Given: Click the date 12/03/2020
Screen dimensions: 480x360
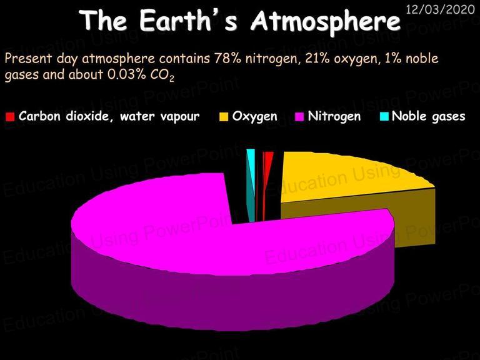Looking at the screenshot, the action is coord(440,9).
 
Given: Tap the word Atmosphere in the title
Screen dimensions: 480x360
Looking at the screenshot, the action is coord(326,22).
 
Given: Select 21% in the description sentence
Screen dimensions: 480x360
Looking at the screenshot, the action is coord(317,58).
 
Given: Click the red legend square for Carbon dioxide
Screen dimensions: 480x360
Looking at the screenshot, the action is coord(10,117).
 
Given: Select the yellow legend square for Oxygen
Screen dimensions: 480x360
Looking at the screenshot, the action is coord(224,117).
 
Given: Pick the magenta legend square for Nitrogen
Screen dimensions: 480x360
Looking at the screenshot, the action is coord(299,117).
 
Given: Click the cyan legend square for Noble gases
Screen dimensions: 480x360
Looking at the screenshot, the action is coord(384,117).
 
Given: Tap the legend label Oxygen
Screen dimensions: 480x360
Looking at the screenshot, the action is coord(255,117).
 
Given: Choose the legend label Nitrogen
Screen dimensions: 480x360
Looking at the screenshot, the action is coord(334,117).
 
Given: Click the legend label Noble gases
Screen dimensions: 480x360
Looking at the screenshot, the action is coord(429,117).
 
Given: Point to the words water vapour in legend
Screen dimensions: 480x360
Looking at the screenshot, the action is coord(159,116).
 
